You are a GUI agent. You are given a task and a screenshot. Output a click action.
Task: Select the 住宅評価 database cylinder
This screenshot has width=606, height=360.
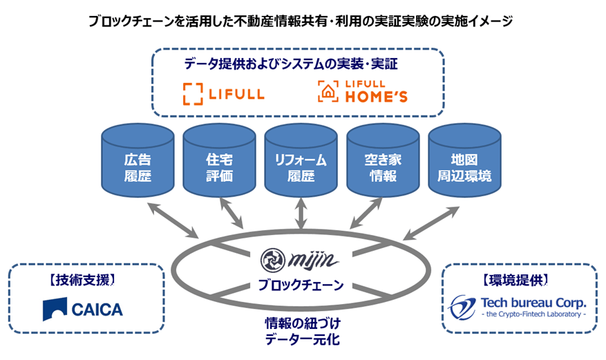point(219,161)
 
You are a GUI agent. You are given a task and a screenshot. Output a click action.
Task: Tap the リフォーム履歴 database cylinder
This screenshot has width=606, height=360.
point(301,161)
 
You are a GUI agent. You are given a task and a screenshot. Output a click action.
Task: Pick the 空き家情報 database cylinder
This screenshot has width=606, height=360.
point(382,161)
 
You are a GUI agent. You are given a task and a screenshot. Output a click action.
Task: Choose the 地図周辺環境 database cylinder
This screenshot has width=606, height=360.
point(464,161)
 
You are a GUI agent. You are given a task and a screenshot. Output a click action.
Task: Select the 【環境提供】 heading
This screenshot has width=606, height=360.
point(519,280)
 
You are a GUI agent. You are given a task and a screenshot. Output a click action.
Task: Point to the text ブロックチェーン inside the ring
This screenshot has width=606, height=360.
point(301,284)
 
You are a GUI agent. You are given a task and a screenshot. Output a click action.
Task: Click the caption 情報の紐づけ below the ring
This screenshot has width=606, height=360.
point(301,323)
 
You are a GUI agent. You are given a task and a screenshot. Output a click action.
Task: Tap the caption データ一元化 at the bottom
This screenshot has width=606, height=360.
point(301,340)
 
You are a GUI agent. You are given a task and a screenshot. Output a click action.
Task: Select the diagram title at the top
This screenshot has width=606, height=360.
point(301,21)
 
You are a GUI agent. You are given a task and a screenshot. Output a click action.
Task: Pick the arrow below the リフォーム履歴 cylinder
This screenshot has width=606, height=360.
point(301,216)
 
